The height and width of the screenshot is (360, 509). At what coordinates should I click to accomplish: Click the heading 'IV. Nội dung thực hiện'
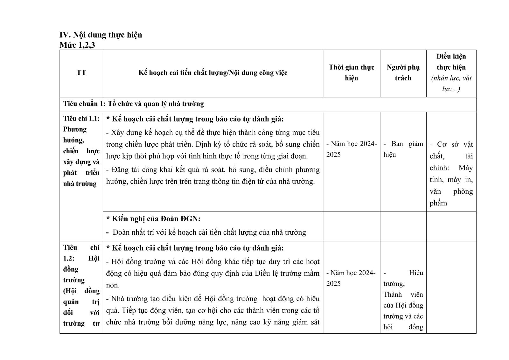tap(101, 35)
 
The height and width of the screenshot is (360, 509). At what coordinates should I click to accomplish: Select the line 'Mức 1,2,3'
tap(77, 45)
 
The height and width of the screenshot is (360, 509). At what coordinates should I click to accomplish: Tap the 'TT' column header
tap(81, 73)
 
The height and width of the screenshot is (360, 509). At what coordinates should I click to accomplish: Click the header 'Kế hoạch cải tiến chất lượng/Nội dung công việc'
tap(213, 73)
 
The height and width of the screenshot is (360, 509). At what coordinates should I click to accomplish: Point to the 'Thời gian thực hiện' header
tap(351, 73)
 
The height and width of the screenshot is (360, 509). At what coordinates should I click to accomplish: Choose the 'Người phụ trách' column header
tap(403, 73)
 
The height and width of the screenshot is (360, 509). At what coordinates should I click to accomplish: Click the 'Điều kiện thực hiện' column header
tap(451, 62)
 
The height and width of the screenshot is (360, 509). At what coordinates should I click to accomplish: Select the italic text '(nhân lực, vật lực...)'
tap(451, 83)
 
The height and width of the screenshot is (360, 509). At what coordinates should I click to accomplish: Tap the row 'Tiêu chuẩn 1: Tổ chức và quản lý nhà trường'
tap(134, 104)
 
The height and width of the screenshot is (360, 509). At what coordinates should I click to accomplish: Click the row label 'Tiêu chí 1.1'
tap(81, 119)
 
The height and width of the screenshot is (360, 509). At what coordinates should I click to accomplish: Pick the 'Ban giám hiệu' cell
tap(403, 149)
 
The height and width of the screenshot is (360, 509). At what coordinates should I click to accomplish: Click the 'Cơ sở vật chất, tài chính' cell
tap(451, 156)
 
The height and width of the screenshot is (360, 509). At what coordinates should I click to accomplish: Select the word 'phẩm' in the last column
tap(438, 203)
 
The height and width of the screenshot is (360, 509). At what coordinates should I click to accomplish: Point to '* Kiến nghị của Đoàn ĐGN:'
tap(153, 219)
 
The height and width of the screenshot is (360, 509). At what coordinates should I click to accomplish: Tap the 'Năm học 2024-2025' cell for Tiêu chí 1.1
tap(351, 149)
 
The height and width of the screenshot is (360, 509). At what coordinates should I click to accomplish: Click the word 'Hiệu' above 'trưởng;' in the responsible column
tap(416, 273)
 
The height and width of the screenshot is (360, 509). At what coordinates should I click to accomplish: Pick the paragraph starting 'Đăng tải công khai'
tap(213, 176)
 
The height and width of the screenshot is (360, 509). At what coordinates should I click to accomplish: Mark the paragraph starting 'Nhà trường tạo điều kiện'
tap(213, 310)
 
